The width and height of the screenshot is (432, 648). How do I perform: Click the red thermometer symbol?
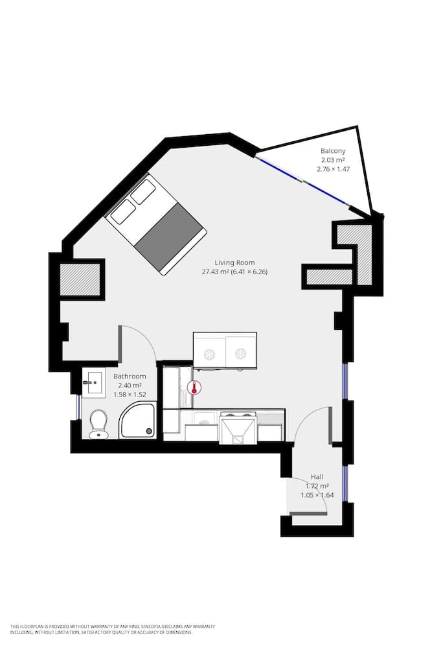[x=193, y=388]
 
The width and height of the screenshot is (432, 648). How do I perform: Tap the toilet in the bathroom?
[x=98, y=424]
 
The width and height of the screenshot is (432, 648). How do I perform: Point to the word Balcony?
[x=333, y=151]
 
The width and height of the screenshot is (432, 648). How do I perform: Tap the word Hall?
[x=317, y=476]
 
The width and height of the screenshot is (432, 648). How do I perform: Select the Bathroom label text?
[x=130, y=376]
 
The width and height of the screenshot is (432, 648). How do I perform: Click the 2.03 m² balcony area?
[x=332, y=160]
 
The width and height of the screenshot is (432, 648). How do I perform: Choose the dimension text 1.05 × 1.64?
[x=317, y=496]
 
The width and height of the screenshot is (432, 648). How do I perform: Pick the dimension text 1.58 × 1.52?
[x=130, y=394]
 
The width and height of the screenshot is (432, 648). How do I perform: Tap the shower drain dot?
[x=150, y=430]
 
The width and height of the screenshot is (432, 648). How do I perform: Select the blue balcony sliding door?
[x=302, y=179]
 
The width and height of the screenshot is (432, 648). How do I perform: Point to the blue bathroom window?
[x=78, y=407]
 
